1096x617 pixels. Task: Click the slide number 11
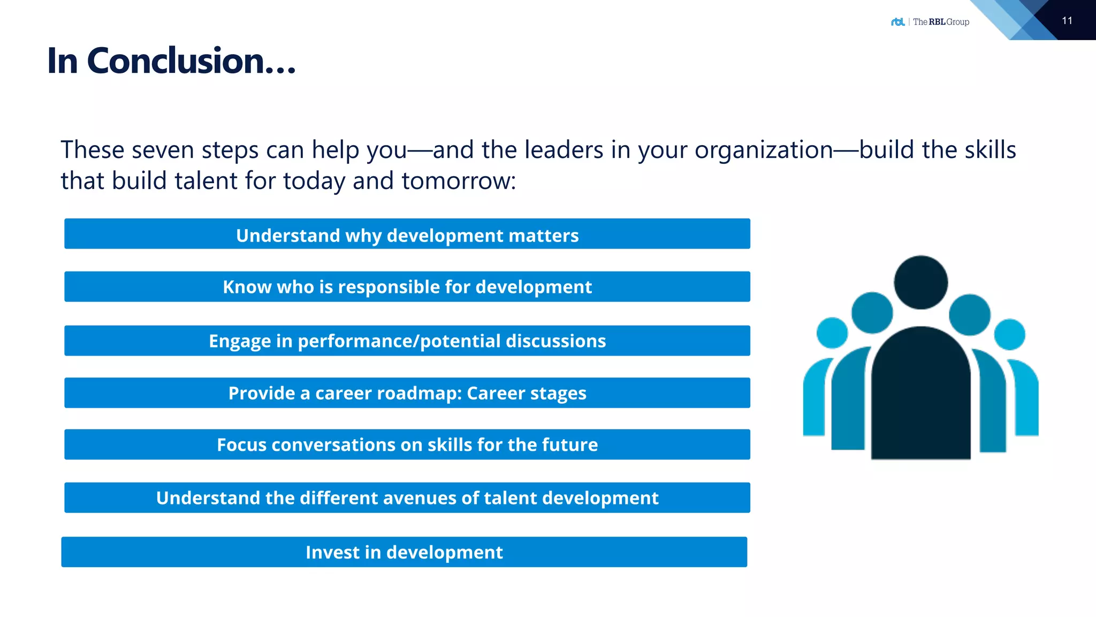(x=1067, y=21)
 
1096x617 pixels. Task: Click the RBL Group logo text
(x=940, y=22)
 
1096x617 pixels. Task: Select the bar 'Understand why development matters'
(x=407, y=235)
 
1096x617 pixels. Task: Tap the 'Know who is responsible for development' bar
(x=407, y=287)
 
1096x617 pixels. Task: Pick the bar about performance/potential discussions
(x=407, y=341)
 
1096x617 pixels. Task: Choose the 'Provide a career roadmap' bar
(x=407, y=393)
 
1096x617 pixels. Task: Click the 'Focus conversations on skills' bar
(x=407, y=445)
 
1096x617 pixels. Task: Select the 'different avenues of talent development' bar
(x=407, y=498)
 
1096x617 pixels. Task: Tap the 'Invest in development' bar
(x=404, y=552)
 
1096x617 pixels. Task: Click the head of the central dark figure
(x=920, y=282)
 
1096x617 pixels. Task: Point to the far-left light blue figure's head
(x=832, y=333)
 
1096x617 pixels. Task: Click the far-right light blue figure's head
(x=1009, y=334)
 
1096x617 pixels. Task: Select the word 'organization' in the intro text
(x=764, y=150)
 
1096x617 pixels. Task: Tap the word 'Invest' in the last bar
(x=332, y=552)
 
